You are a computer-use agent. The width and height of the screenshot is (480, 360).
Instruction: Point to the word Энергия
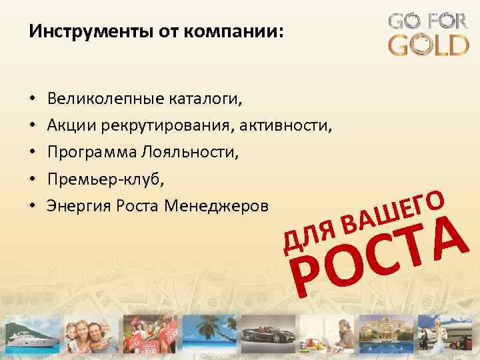pos(75,205)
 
